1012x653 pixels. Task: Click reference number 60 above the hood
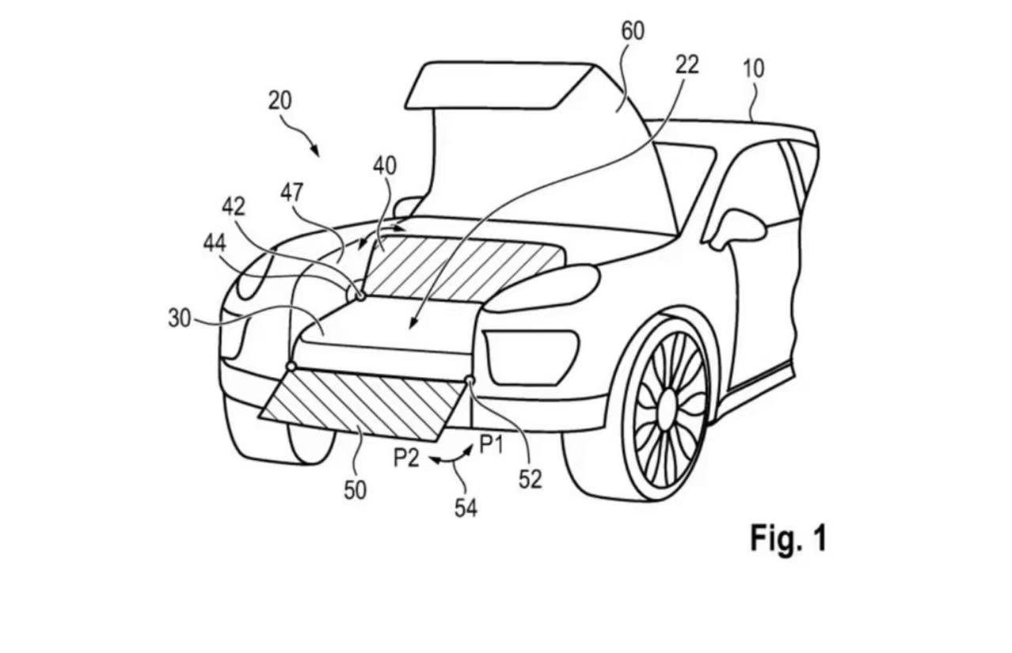pyautogui.click(x=633, y=31)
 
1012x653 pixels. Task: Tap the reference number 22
pyautogui.click(x=687, y=65)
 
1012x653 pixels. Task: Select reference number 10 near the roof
pyautogui.click(x=754, y=69)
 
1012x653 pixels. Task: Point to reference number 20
pyautogui.click(x=280, y=100)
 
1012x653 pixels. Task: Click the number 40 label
pyautogui.click(x=384, y=166)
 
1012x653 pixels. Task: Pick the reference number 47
pyautogui.click(x=292, y=193)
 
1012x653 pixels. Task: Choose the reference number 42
pyautogui.click(x=233, y=207)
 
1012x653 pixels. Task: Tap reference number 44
pyautogui.click(x=214, y=244)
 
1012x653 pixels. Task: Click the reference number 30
pyautogui.click(x=179, y=319)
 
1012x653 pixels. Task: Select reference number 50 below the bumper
pyautogui.click(x=355, y=490)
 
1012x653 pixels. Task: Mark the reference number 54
pyautogui.click(x=466, y=508)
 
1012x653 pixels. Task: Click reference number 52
pyautogui.click(x=530, y=480)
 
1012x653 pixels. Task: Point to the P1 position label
pyautogui.click(x=491, y=444)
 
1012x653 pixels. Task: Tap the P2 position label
pyautogui.click(x=406, y=458)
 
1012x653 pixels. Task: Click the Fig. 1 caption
pyautogui.click(x=788, y=538)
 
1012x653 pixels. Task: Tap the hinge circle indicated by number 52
pyautogui.click(x=470, y=380)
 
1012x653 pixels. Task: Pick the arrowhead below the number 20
pyautogui.click(x=315, y=151)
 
